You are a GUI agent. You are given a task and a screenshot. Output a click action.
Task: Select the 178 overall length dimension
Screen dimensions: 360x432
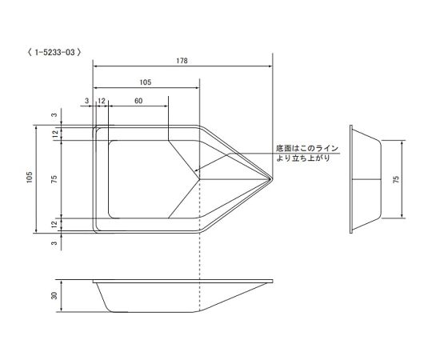(x=184, y=59)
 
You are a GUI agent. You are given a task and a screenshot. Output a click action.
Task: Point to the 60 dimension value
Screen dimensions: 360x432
(x=138, y=101)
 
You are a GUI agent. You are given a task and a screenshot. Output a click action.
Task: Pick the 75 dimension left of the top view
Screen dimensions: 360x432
(x=54, y=179)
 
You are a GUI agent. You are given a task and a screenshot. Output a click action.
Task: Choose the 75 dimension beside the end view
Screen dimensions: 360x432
(x=396, y=179)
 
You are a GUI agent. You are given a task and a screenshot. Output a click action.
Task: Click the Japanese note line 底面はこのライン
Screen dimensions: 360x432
(x=308, y=148)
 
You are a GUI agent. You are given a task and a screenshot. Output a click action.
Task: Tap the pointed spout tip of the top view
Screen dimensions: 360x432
(x=272, y=178)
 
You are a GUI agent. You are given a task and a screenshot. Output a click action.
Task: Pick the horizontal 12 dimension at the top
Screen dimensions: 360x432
(x=102, y=101)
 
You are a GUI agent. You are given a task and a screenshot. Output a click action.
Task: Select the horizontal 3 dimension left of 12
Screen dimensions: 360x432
(x=86, y=101)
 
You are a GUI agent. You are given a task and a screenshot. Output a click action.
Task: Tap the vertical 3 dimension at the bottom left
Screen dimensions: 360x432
(x=54, y=243)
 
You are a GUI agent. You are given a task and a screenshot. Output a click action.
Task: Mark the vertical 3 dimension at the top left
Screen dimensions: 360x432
(x=54, y=115)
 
